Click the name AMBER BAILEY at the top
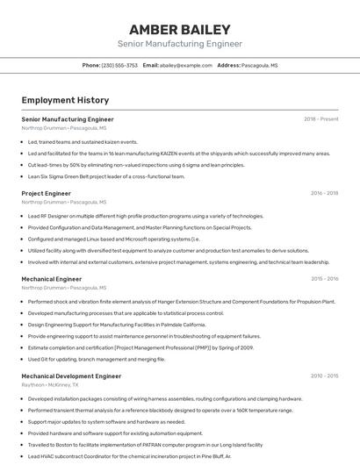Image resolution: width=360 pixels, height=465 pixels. coord(179,29)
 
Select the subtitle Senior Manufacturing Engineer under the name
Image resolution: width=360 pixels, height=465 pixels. coord(179,44)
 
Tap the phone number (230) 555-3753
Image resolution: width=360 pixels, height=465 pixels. coord(119,65)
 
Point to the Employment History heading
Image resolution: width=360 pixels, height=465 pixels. coord(65,100)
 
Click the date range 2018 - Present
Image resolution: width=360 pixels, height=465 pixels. coord(320,119)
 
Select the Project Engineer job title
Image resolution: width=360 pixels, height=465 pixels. coord(47,193)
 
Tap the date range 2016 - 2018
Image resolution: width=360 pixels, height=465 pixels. coord(324,193)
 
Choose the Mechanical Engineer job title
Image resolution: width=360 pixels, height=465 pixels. coord(52,279)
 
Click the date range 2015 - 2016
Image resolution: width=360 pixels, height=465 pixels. coord(324,279)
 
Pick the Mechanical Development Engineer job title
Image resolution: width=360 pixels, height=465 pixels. coord(71,376)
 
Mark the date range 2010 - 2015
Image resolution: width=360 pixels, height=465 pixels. coord(324,376)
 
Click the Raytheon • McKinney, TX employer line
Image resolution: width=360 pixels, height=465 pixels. coord(50,384)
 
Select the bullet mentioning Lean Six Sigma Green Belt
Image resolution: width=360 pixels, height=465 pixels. coord(106,176)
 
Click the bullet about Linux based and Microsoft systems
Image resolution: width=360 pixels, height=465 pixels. coord(114,239)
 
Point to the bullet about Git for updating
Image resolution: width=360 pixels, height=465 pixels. coord(96,359)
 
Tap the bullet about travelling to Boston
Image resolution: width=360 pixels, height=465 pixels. coord(145,445)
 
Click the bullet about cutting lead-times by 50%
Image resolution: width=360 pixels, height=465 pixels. coord(136,165)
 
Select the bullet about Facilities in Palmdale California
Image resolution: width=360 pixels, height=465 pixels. coord(117,325)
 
